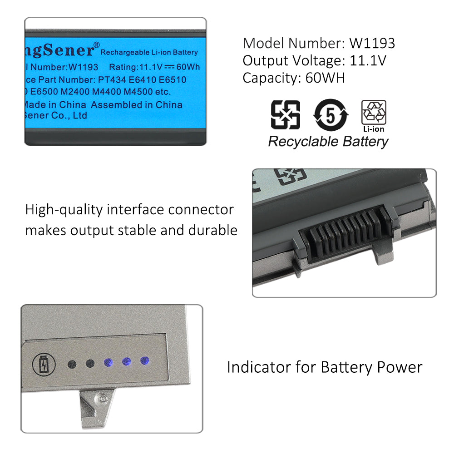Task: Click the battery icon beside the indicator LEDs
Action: [x=43, y=365]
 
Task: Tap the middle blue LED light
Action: [x=127, y=362]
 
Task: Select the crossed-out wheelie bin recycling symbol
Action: [x=285, y=115]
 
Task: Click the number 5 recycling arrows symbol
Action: [x=331, y=115]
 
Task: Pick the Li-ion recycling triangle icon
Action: [x=374, y=113]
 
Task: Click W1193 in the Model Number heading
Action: [x=372, y=43]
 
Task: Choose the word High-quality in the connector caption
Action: [x=64, y=210]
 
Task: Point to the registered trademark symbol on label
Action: [x=96, y=45]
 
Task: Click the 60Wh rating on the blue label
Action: [x=189, y=67]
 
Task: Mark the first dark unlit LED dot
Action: [x=72, y=364]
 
